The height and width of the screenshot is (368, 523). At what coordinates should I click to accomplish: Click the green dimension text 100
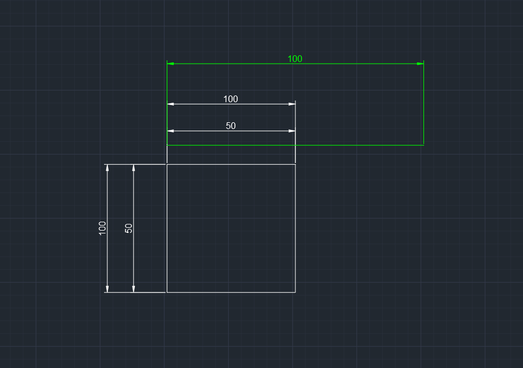(x=295, y=59)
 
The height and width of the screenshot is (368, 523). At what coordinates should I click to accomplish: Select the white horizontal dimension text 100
(x=230, y=99)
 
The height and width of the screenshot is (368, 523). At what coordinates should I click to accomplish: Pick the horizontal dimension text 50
(x=230, y=126)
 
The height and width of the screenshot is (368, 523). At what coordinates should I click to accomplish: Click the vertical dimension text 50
(x=129, y=228)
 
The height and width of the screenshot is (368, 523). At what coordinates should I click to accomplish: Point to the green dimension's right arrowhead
(x=420, y=64)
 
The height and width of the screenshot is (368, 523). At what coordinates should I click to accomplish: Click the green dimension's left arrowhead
(x=171, y=64)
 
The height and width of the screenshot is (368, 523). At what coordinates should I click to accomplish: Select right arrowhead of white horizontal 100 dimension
(x=292, y=104)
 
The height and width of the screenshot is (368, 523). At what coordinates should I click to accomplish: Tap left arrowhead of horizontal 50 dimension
(x=171, y=131)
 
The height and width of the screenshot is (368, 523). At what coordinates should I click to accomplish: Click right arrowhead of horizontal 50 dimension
(x=292, y=131)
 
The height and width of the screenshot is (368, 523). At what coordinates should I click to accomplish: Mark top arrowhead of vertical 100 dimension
(x=107, y=168)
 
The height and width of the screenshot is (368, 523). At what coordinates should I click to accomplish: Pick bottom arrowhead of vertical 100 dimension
(x=107, y=289)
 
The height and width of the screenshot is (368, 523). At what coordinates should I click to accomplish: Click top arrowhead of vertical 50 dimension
(x=134, y=168)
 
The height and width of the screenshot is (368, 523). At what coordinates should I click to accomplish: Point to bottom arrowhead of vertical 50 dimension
(x=134, y=289)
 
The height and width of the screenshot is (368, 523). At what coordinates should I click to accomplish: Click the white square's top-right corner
(x=295, y=164)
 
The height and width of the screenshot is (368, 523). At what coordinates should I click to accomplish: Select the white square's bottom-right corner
(x=295, y=292)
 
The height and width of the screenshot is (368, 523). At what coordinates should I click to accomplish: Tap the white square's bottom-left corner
(x=167, y=292)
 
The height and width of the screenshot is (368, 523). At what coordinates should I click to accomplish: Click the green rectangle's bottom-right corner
(x=423, y=145)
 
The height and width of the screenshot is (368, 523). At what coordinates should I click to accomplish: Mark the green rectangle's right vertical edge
(x=423, y=106)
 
